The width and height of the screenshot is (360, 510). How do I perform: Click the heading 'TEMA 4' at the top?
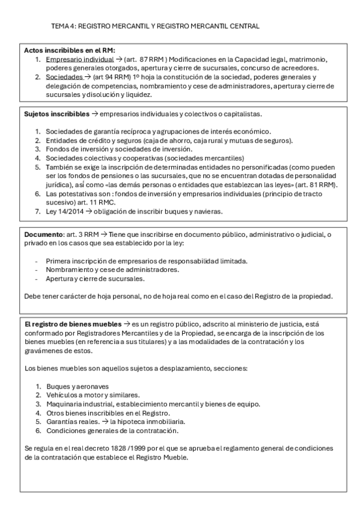point(63,26)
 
